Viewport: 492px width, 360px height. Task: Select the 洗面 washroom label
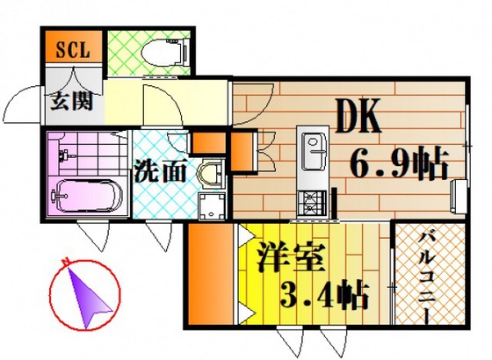[x=161, y=171]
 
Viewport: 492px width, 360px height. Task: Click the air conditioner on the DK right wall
[x=459, y=198]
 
